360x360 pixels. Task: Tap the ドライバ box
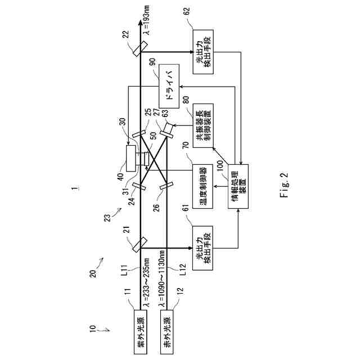pyautogui.click(x=168, y=87)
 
